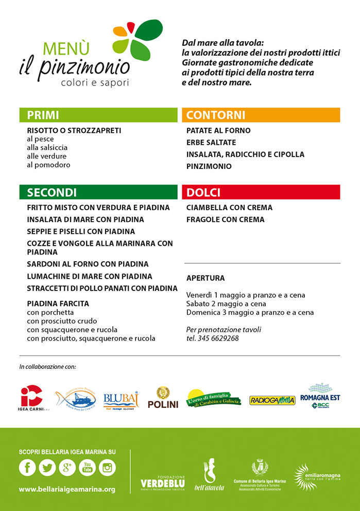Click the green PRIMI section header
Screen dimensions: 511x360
click(98, 115)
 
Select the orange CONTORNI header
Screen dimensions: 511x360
click(261, 115)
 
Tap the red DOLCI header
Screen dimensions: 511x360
click(261, 192)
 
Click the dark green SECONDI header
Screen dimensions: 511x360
click(98, 192)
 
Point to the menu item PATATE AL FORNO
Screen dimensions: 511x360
click(218, 130)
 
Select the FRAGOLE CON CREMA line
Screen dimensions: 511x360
click(225, 219)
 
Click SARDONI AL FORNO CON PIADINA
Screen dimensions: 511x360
click(88, 264)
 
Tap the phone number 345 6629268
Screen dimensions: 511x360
click(220, 338)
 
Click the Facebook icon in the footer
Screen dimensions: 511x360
click(27, 467)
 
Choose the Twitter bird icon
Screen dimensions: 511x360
click(47, 467)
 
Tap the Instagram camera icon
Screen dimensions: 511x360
click(107, 467)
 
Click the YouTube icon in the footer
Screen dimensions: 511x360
click(87, 467)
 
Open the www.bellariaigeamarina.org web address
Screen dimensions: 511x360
click(67, 489)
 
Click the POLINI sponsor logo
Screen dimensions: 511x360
click(163, 398)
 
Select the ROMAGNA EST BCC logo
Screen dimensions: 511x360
click(320, 396)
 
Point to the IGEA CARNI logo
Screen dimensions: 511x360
click(32, 398)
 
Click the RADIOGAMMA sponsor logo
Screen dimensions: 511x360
click(272, 400)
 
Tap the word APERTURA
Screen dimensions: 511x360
click(205, 278)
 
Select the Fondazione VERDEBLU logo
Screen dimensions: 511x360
click(163, 480)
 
